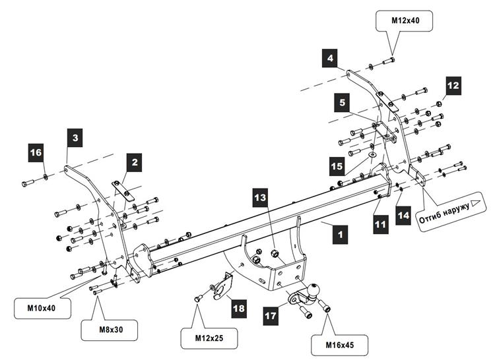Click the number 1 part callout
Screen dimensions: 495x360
pyautogui.click(x=340, y=235)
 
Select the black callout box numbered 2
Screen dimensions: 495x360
pyautogui.click(x=135, y=162)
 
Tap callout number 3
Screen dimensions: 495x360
pyautogui.click(x=75, y=137)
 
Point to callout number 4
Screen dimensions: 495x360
pyautogui.click(x=329, y=58)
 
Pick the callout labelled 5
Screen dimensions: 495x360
pyautogui.click(x=342, y=102)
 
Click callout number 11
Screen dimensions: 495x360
pyautogui.click(x=380, y=224)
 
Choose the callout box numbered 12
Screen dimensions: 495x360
pyautogui.click(x=453, y=86)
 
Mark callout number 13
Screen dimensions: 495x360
pyautogui.click(x=260, y=198)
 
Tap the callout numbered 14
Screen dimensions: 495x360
pyautogui.click(x=403, y=216)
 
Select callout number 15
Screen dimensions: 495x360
pyautogui.click(x=337, y=166)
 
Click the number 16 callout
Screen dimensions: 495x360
pyautogui.click(x=36, y=153)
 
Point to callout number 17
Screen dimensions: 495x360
pyautogui.click(x=271, y=316)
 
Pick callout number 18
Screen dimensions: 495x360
pyautogui.click(x=239, y=308)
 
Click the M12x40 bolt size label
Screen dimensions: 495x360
pyautogui.click(x=405, y=20)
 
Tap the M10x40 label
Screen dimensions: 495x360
pyautogui.click(x=42, y=308)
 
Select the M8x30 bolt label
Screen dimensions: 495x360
pyautogui.click(x=111, y=330)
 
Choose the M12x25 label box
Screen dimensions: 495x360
pyautogui.click(x=209, y=338)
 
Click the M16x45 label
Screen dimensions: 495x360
pyautogui.click(x=340, y=345)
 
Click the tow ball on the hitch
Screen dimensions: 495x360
pyautogui.click(x=313, y=289)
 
